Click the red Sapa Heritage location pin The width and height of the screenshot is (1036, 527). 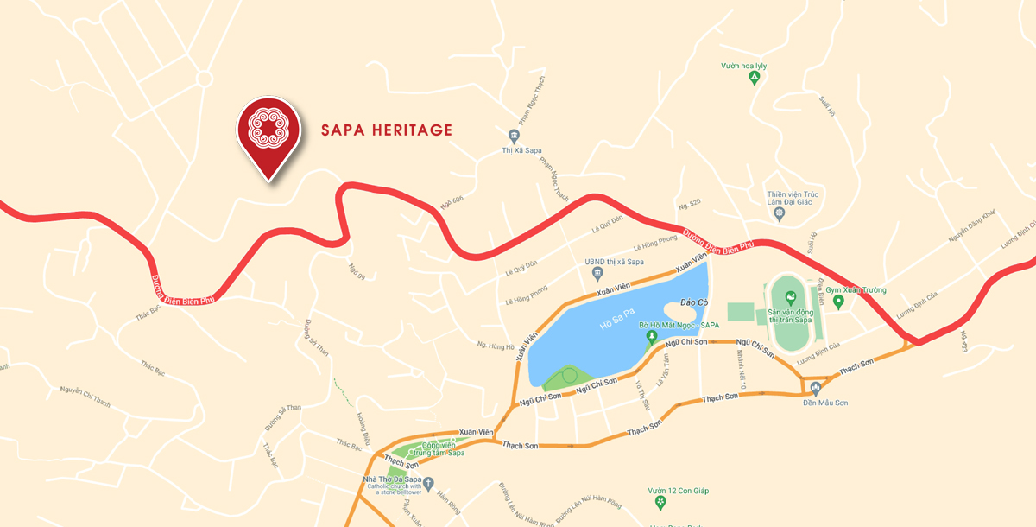pyautogui.click(x=268, y=133)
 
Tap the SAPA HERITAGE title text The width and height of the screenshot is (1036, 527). pyautogui.click(x=387, y=130)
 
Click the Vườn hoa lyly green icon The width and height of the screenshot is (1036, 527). pyautogui.click(x=754, y=79)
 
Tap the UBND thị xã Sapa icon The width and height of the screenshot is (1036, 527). pyautogui.click(x=597, y=274)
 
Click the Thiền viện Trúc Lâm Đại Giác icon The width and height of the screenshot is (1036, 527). pyautogui.click(x=779, y=212)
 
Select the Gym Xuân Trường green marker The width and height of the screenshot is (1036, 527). pyautogui.click(x=837, y=302)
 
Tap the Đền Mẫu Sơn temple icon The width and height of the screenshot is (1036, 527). pyautogui.click(x=815, y=388)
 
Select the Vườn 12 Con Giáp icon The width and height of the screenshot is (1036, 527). pyautogui.click(x=660, y=502)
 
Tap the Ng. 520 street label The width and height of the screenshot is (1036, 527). pyautogui.click(x=690, y=205)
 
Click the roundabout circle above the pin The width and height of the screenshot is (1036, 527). pyautogui.click(x=204, y=79)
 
